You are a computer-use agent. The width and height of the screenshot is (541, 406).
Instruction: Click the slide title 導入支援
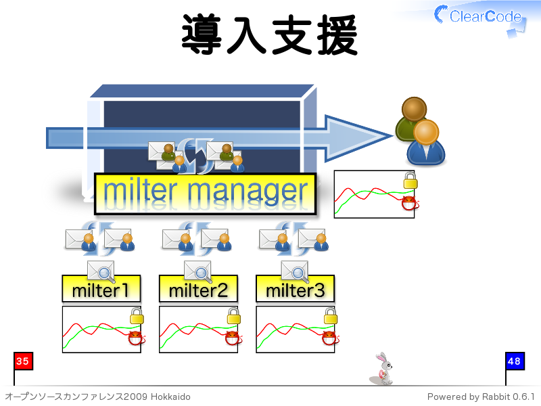tap(269, 35)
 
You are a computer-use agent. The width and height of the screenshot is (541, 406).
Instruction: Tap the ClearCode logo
tap(480, 18)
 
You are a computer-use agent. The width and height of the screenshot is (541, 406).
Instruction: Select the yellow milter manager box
tap(206, 194)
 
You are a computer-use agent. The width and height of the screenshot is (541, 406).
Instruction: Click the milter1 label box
tap(101, 289)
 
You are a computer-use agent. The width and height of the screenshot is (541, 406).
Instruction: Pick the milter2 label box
tap(198, 289)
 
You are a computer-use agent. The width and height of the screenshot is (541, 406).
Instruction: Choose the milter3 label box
tap(296, 289)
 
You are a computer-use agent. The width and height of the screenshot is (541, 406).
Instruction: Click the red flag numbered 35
tap(23, 361)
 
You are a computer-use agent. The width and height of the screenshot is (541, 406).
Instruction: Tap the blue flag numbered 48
tap(515, 361)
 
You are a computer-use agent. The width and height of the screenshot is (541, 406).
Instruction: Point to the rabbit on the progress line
tap(383, 369)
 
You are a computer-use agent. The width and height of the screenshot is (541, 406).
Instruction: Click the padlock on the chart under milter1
tap(137, 316)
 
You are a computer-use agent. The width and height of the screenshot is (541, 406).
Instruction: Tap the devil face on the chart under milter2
tap(233, 338)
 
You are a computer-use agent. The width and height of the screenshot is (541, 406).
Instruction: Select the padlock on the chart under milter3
tap(331, 316)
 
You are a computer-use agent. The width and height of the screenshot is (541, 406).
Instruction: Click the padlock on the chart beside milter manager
tap(410, 181)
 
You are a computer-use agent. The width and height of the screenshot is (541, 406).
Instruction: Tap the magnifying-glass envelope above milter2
tap(197, 271)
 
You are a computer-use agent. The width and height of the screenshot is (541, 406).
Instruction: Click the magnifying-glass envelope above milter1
tap(101, 271)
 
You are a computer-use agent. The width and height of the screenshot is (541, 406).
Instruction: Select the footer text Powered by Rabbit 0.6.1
tap(481, 397)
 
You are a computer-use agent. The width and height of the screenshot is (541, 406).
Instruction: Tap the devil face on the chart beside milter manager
tap(410, 203)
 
